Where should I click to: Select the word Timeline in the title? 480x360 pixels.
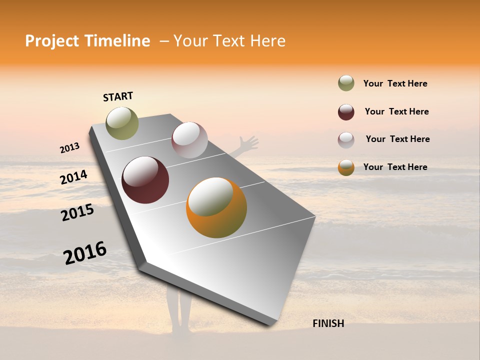pyautogui.click(x=114, y=41)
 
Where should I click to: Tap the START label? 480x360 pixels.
pyautogui.click(x=118, y=96)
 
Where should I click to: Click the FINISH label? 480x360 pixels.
pyautogui.click(x=328, y=323)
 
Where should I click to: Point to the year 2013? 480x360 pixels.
pyautogui.click(x=69, y=147)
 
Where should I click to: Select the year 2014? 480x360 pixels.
pyautogui.click(x=73, y=177)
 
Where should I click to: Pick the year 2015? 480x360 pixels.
pyautogui.click(x=77, y=212)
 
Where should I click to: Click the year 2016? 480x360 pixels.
pyautogui.click(x=85, y=252)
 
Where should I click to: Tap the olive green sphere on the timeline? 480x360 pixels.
pyautogui.click(x=122, y=123)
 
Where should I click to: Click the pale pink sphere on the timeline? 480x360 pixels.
pyautogui.click(x=189, y=140)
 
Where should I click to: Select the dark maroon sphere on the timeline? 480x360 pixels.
pyautogui.click(x=145, y=180)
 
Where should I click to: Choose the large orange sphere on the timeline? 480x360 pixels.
pyautogui.click(x=216, y=207)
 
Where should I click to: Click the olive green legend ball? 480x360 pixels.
pyautogui.click(x=346, y=83)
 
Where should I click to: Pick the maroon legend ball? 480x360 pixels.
pyautogui.click(x=346, y=112)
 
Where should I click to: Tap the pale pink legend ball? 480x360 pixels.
pyautogui.click(x=346, y=140)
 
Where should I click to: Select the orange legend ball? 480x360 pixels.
pyautogui.click(x=346, y=167)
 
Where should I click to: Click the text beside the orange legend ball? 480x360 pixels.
pyautogui.click(x=395, y=167)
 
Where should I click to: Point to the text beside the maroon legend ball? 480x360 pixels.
pyautogui.click(x=396, y=111)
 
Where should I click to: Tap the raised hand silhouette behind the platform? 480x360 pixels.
pyautogui.click(x=248, y=144)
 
